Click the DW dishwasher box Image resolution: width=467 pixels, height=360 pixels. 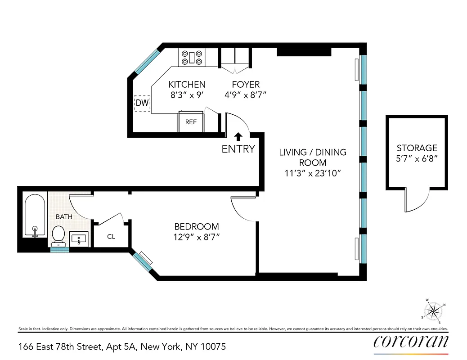tap(142, 103)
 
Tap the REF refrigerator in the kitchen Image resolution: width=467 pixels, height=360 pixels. tap(191, 122)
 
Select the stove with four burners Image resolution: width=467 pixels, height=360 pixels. tap(193, 58)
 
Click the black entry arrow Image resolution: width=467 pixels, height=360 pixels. tap(238, 136)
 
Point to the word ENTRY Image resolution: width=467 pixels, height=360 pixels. tap(238, 149)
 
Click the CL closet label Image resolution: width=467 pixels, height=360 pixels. tap(111, 236)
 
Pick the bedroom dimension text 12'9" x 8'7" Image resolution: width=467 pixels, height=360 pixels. tap(197, 237)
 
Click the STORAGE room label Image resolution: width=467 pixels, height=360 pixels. tap(417, 148)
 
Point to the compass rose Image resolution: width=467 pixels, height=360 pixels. tap(434, 310)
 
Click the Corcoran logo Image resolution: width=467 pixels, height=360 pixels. tap(411, 342)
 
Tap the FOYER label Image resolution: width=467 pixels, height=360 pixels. tap(246, 85)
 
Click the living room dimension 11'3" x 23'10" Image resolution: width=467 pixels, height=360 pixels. tap(313, 174)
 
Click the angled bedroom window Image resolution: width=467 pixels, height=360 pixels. tap(143, 261)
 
